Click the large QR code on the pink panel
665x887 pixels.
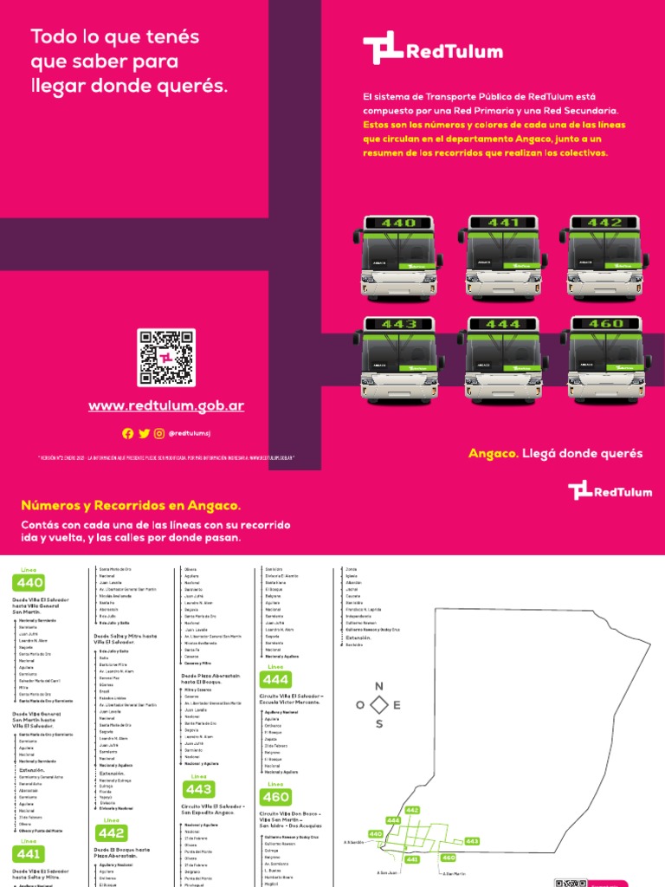click(166, 358)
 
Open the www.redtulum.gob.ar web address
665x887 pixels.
click(166, 406)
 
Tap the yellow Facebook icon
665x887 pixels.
click(128, 433)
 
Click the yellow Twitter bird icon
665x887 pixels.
click(144, 433)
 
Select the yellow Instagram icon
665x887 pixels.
click(158, 433)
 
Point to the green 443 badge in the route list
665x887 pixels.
click(199, 789)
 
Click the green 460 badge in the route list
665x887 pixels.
click(276, 797)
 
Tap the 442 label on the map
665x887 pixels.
click(412, 810)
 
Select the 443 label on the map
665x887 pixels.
click(472, 841)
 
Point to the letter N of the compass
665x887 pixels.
click(378, 686)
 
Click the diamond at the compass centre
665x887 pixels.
click(378, 705)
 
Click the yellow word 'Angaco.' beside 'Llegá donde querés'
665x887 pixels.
click(493, 454)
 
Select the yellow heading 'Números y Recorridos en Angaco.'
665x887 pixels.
click(131, 505)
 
